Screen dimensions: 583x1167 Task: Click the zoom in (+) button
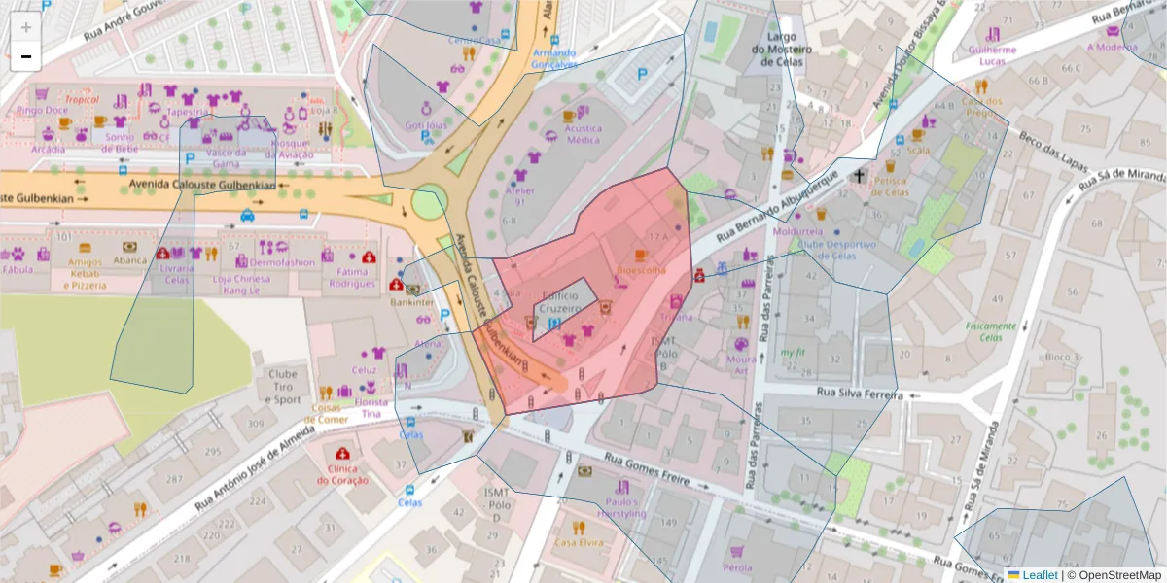(26, 27)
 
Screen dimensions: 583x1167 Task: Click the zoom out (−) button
(26, 56)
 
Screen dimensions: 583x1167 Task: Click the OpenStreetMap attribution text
(1114, 575)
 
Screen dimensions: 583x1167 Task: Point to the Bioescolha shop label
(641, 270)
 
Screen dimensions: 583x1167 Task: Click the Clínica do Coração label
(342, 473)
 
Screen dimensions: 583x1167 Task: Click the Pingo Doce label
(42, 110)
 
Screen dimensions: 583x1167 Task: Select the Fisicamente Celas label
(991, 331)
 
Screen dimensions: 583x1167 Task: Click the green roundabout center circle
(429, 202)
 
